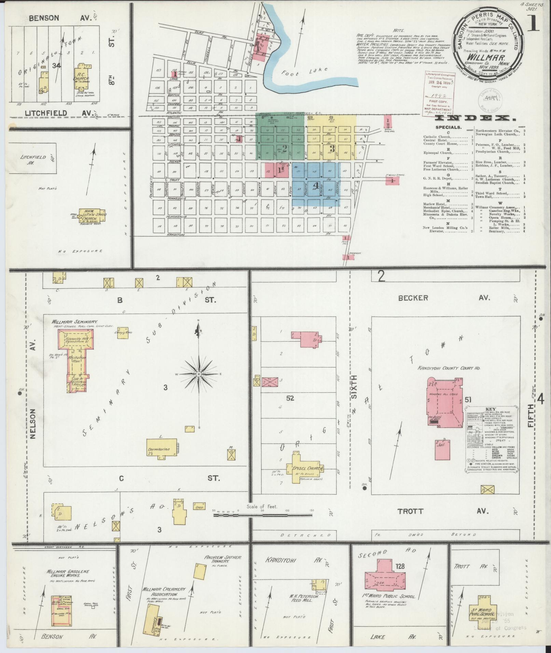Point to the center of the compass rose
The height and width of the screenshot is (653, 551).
[x=198, y=374]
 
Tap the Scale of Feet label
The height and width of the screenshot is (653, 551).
[x=262, y=516]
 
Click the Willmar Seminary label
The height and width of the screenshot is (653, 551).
[x=75, y=322]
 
